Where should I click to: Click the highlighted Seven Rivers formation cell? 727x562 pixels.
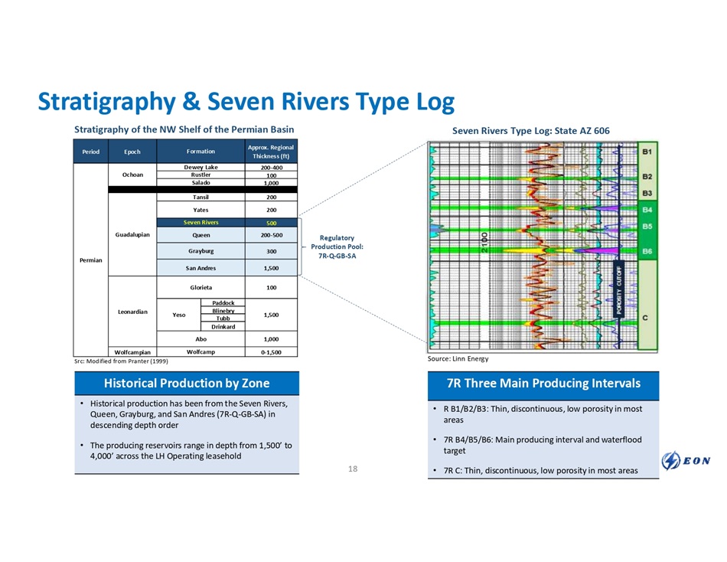[200, 222]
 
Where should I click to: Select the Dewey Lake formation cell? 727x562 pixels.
[200, 166]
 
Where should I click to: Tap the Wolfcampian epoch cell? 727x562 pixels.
[131, 352]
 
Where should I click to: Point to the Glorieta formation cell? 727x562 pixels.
[200, 288]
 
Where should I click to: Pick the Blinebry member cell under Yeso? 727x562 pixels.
[223, 310]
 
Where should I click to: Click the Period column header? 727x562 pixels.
[90, 152]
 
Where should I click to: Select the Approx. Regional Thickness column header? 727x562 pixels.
[271, 152]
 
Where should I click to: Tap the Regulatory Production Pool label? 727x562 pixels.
[337, 247]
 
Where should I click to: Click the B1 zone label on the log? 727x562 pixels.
[647, 152]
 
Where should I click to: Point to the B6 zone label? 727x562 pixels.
[647, 251]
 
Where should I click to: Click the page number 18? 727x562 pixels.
[353, 468]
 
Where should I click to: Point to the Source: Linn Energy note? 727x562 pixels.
[460, 359]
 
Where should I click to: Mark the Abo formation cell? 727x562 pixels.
[200, 338]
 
